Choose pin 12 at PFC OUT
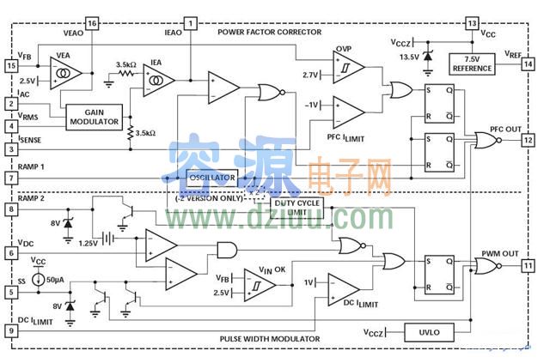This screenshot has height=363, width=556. [528, 139]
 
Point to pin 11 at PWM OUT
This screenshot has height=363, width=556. [528, 266]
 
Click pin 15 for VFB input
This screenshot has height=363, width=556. [11, 65]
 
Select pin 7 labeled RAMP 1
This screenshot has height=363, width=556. [11, 178]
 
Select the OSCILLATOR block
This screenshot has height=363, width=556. [211, 178]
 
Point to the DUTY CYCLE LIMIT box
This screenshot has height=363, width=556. [295, 207]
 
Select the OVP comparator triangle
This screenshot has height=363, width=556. [347, 67]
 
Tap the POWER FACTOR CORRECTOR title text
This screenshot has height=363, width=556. [269, 33]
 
